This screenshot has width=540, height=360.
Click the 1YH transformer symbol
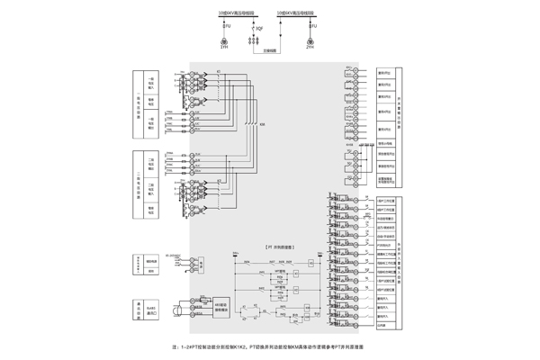pos(225,41)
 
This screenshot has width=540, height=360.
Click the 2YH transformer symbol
pos(310,41)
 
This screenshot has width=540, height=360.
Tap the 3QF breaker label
pos(259,29)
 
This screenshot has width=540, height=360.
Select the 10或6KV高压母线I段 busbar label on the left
pos(236,14)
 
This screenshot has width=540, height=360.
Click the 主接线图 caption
pos(269,49)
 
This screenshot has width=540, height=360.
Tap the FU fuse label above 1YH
pos(228,29)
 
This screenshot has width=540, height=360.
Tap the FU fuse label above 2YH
pos(312,29)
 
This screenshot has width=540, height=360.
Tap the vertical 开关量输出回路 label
pos(411,110)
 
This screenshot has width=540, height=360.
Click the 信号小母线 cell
pos(385,143)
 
